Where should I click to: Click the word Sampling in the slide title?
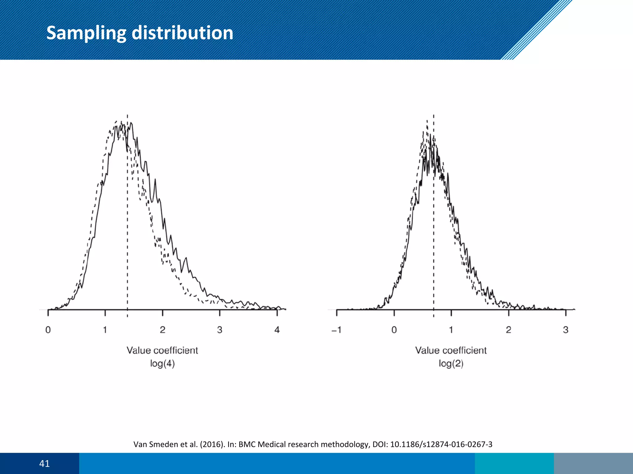click(x=86, y=33)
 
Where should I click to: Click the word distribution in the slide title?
click(x=182, y=33)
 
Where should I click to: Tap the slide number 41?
click(x=45, y=464)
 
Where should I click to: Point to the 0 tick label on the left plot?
click(x=48, y=330)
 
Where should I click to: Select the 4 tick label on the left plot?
click(x=277, y=330)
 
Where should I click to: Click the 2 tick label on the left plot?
click(x=163, y=330)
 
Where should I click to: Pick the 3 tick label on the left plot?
click(x=220, y=330)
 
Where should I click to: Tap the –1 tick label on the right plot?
click(x=336, y=330)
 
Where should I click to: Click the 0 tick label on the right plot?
click(x=394, y=330)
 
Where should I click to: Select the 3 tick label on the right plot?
click(x=566, y=330)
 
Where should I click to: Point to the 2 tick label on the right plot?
click(x=508, y=330)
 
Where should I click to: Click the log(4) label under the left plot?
click(x=163, y=364)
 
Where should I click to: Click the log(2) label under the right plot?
click(x=451, y=364)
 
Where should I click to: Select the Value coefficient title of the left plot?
click(x=162, y=350)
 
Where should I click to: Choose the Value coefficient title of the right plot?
click(x=451, y=350)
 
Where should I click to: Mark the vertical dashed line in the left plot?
click(x=127, y=216)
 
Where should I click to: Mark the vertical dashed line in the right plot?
click(x=433, y=216)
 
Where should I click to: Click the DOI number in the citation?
click(x=441, y=444)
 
